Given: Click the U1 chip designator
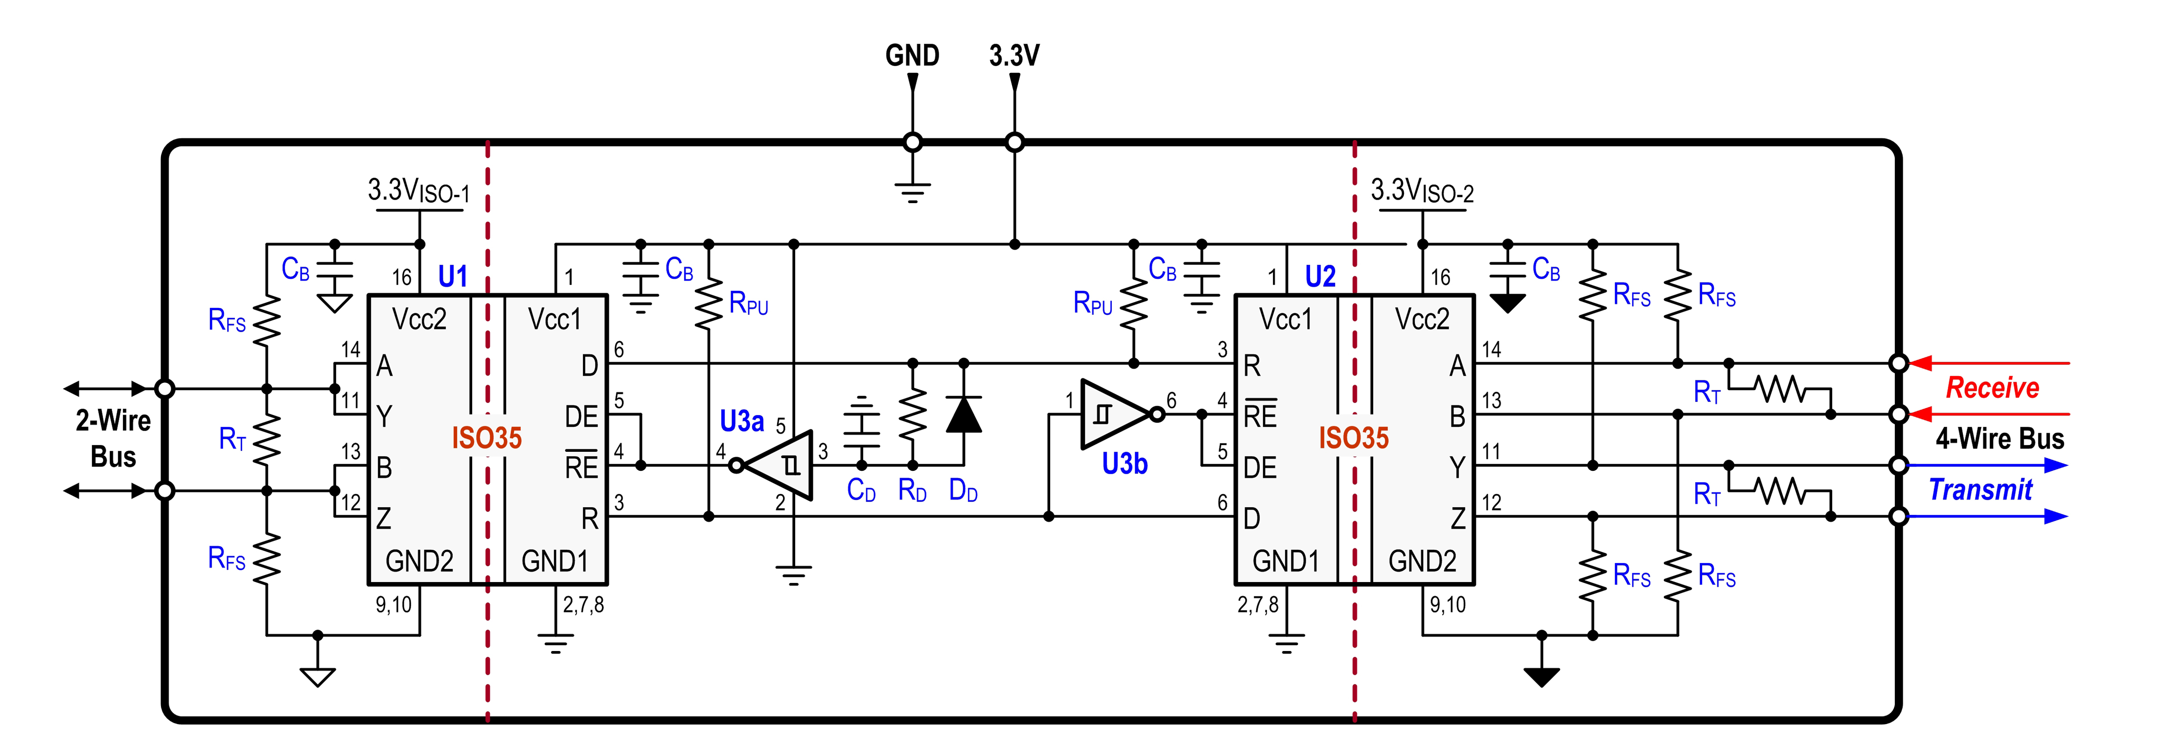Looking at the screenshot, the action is [x=452, y=276].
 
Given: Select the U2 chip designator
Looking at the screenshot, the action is [x=1320, y=276].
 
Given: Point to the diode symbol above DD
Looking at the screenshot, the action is [x=964, y=414].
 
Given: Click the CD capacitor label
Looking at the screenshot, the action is [x=861, y=490].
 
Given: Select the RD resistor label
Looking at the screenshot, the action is [x=912, y=490].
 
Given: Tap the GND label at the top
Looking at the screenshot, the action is [x=912, y=55].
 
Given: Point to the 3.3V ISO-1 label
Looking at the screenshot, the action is [x=419, y=191].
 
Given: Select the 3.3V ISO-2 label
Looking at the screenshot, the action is [x=1422, y=191].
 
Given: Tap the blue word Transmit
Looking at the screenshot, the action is [x=1980, y=490].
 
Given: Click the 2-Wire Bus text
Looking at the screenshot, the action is [x=114, y=438].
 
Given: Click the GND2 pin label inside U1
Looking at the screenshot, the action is [x=419, y=561].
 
